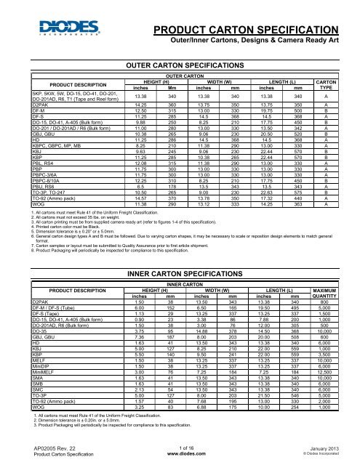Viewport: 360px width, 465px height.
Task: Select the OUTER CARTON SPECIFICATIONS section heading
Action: (x=180, y=65)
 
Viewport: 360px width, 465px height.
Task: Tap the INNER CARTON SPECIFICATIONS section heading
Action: (x=180, y=252)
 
